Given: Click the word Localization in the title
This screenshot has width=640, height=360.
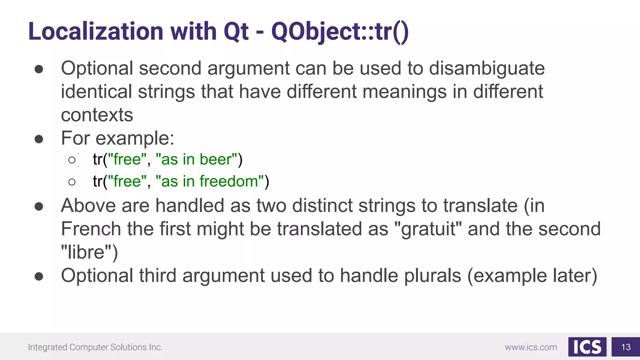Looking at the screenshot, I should pos(96,32).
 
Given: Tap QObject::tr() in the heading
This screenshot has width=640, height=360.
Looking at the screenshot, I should pos(339,32).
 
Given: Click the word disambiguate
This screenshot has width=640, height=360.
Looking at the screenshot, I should pos(487,68).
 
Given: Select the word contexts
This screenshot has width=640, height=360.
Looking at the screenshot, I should pos(97,115).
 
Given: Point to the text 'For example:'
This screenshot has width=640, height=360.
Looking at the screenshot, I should pos(117,138).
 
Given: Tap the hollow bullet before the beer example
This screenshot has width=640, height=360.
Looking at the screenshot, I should pos(72,160).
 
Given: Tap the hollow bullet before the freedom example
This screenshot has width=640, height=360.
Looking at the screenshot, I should pos(72,182).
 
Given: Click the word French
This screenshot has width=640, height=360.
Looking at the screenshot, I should pos(91,229).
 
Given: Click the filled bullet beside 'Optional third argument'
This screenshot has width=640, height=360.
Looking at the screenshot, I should pos(39,276).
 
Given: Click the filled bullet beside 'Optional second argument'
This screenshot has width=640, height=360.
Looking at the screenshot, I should pos(39,69).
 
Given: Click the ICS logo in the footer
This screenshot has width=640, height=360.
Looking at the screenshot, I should pos(587,347).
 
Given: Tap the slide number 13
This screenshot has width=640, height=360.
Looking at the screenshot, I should pos(626,347).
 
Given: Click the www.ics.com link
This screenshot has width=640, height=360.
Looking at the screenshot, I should pos(531,347).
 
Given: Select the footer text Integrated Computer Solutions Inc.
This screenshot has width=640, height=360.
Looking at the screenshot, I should pos(95,347).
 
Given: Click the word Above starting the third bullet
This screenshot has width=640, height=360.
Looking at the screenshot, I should pos(88,206).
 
